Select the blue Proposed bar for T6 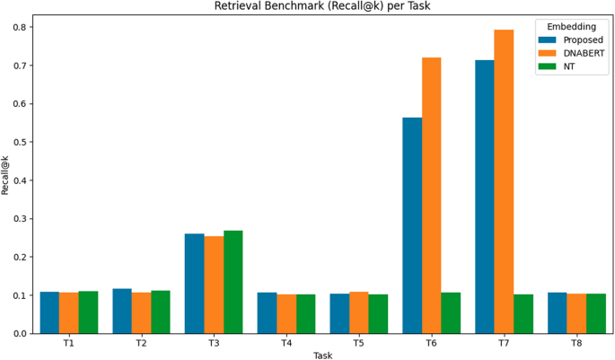412,225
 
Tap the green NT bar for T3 233,282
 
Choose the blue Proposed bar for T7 485,197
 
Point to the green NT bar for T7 523,313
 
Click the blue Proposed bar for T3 194,283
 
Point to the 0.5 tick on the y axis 22,142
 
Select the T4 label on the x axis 286,344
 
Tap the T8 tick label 576,344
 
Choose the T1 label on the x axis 69,344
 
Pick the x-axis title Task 323,355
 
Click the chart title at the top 323,6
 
